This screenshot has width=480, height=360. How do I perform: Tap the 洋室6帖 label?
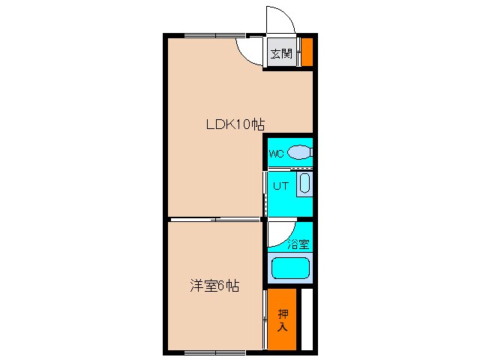coord(214,286)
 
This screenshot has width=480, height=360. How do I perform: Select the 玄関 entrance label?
coord(281,53)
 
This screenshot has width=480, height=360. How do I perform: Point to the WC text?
coord(276,154)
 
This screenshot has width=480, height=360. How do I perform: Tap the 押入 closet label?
coord(283,319)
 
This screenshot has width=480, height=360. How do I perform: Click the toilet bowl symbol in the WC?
coord(299,152)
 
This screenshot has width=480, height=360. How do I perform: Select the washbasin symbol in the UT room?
coord(304,184)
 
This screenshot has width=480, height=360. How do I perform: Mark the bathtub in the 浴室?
coord(290,268)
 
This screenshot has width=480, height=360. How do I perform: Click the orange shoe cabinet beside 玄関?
coord(307,52)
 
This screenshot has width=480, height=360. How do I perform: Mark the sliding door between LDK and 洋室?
coord(214,219)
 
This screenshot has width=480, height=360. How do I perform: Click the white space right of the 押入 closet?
coord(306,319)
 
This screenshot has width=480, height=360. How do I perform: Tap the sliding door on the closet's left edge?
coord(265,319)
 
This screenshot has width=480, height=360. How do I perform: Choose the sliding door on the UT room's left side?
coord(265,193)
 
